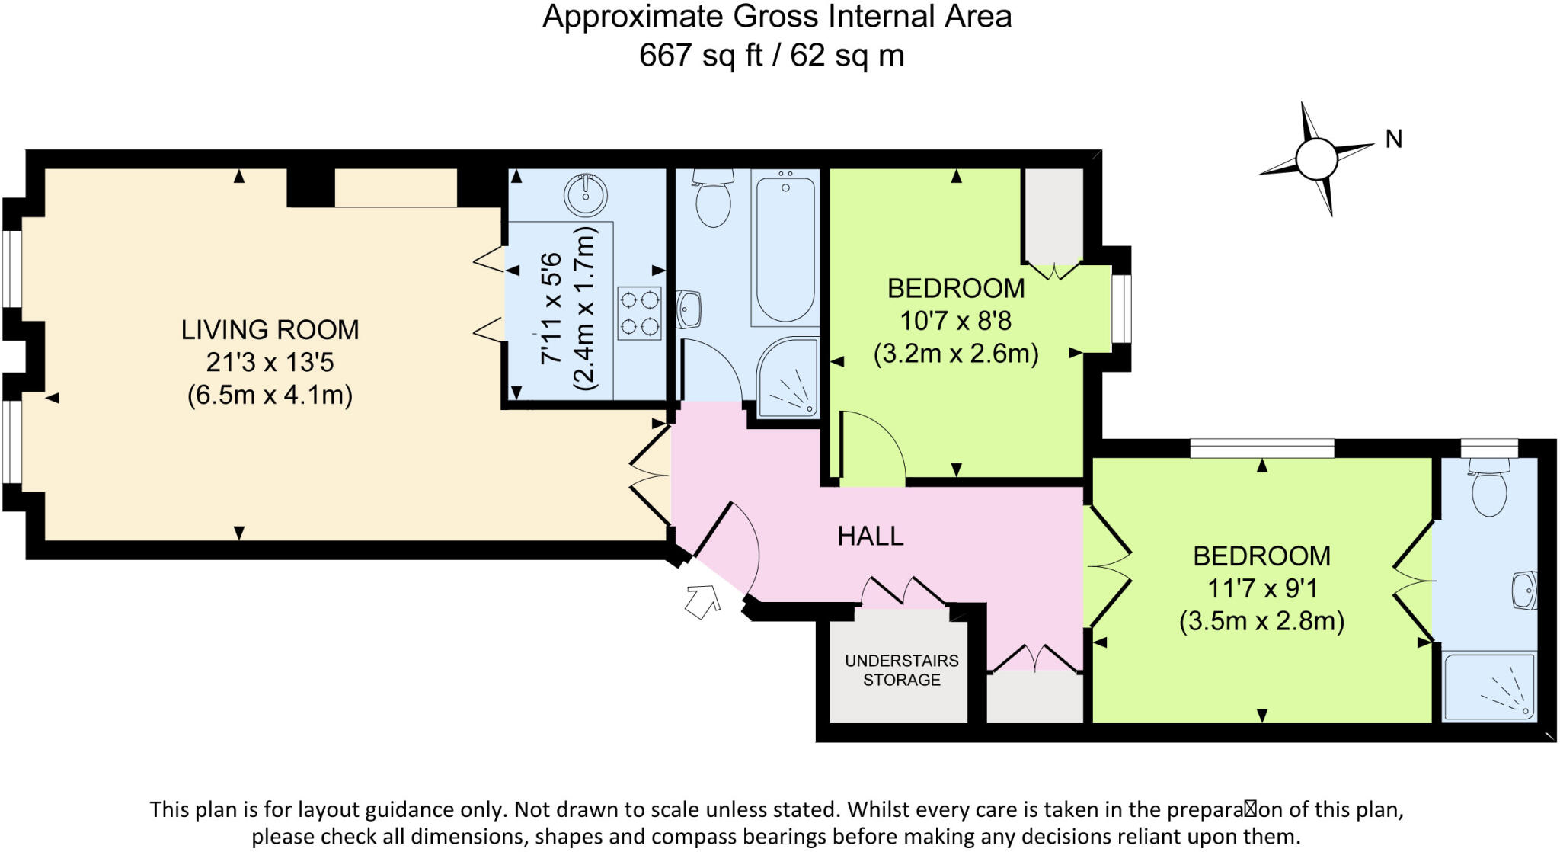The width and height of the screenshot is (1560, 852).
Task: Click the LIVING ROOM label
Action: point(270,329)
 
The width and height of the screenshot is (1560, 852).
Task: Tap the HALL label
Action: point(870,537)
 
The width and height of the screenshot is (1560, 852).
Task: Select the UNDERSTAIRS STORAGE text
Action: point(901,671)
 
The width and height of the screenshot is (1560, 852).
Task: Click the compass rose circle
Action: point(1316,159)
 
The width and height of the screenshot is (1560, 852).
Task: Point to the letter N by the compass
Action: point(1393,139)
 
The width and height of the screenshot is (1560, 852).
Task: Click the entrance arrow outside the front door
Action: point(702,601)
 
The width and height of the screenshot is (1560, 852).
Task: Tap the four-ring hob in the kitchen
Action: point(639,312)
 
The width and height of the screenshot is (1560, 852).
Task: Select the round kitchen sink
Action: point(585,194)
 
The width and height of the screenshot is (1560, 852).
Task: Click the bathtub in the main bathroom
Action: point(785,248)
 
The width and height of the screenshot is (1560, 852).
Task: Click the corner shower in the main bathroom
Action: point(788,379)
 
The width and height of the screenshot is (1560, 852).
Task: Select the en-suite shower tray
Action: point(1489,686)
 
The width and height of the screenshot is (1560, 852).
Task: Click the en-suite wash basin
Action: point(1524,591)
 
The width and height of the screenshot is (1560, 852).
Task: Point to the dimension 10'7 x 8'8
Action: point(955,321)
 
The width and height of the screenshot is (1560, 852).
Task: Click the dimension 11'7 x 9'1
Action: point(1261,588)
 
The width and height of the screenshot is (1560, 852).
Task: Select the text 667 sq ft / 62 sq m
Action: point(771,56)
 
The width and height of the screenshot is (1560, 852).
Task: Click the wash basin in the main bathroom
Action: point(689,309)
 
